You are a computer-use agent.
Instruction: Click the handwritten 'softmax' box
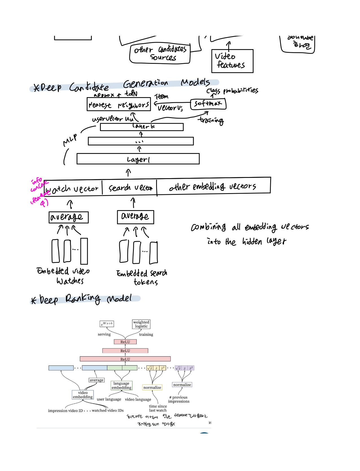click(x=208, y=104)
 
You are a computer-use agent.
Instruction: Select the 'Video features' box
click(x=232, y=61)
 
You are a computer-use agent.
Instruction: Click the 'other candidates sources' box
click(x=160, y=54)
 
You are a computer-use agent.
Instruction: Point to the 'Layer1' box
click(x=138, y=159)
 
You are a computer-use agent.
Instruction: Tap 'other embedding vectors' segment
click(x=213, y=186)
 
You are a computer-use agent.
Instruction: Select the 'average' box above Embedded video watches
click(x=68, y=217)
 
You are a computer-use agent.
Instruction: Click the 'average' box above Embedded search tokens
click(x=136, y=217)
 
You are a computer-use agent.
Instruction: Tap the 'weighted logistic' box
click(x=141, y=324)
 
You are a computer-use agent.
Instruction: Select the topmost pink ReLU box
click(x=125, y=342)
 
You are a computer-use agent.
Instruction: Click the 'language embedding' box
click(x=121, y=385)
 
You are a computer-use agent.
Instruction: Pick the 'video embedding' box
click(x=83, y=395)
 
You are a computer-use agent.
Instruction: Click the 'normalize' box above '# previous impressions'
click(x=182, y=385)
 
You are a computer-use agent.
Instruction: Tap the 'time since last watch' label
click(x=158, y=408)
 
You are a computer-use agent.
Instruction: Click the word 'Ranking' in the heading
click(x=83, y=299)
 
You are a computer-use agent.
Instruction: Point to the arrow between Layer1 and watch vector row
click(x=128, y=172)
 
